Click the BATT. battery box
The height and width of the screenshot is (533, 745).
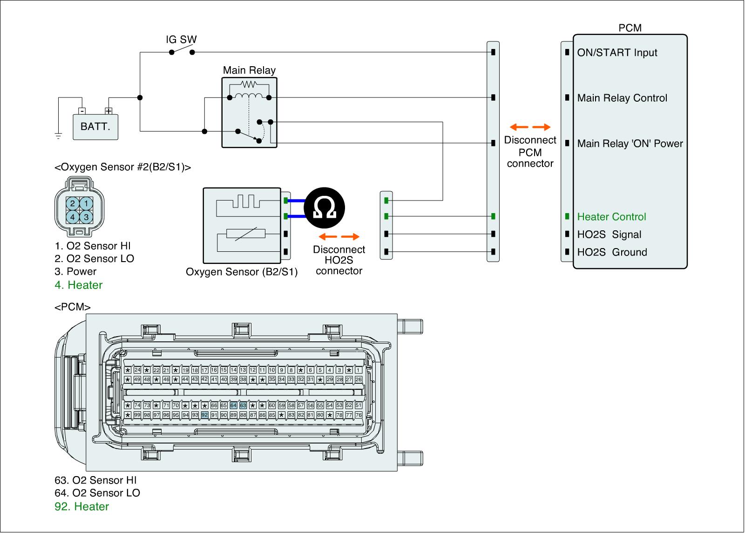(95, 126)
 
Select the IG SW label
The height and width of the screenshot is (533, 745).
(181, 40)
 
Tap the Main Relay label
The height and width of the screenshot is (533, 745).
(249, 70)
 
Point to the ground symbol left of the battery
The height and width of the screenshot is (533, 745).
(58, 136)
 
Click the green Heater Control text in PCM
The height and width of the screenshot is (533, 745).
(611, 217)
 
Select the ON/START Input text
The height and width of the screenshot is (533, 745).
(617, 53)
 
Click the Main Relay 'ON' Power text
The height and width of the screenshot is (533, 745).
(630, 144)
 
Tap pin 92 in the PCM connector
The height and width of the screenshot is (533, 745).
(204, 415)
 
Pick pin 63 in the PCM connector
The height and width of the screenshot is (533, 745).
(243, 405)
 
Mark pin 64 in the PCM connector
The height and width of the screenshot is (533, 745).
(233, 405)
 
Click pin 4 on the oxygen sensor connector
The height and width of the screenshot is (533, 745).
(73, 217)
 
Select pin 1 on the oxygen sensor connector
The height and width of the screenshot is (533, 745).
(86, 203)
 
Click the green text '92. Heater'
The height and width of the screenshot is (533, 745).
(82, 506)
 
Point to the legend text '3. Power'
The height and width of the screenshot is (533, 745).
(75, 271)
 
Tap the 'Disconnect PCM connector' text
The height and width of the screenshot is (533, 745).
(530, 152)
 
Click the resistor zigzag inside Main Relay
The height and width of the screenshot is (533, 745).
(250, 84)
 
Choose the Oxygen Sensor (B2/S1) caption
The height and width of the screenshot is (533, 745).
(241, 272)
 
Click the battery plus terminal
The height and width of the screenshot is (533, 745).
(108, 111)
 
